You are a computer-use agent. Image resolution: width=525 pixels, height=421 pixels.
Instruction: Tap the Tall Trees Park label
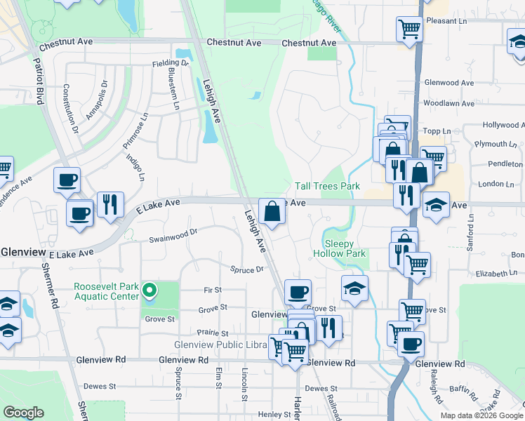327,186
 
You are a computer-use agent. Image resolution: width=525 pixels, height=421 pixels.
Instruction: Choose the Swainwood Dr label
173,234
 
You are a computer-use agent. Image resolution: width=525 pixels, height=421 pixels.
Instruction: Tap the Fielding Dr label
171,63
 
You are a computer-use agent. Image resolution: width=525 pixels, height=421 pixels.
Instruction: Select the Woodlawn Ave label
449,103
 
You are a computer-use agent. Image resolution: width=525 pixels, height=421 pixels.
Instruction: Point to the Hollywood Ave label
503,125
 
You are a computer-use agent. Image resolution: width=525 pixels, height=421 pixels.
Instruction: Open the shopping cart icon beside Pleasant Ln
409,29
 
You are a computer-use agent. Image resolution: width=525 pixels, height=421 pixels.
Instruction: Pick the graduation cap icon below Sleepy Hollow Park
355,288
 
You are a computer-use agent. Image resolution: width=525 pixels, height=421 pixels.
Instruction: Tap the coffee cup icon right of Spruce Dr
298,291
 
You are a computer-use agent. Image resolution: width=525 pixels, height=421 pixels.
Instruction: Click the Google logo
24,413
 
